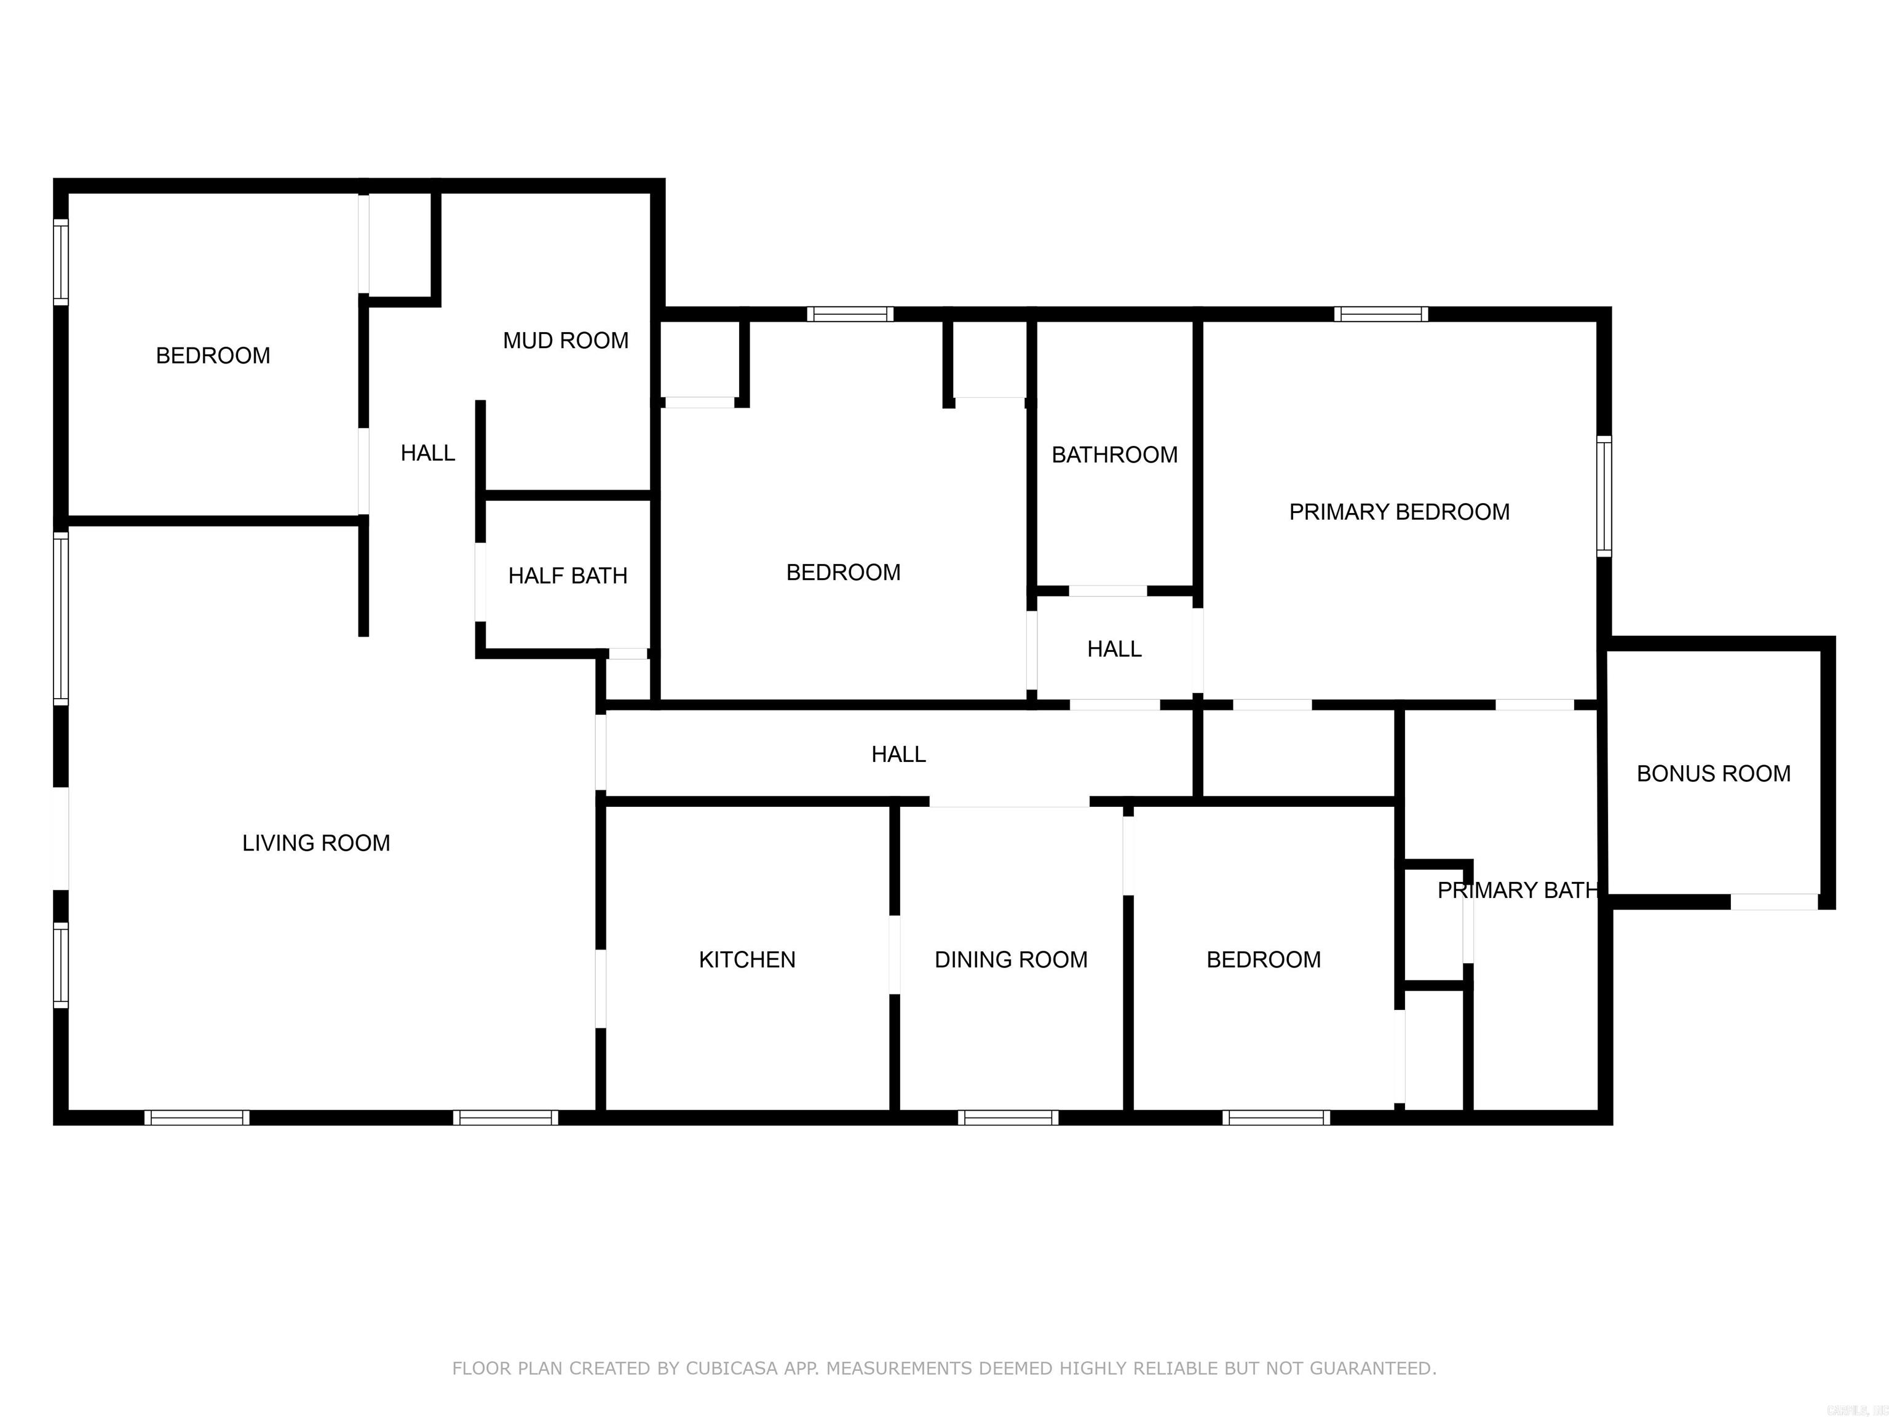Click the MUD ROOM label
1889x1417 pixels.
pos(565,341)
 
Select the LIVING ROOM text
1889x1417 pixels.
pos(316,843)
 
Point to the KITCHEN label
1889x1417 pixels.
pos(746,959)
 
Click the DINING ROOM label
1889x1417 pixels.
pos(1010,959)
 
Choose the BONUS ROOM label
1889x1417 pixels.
pos(1713,773)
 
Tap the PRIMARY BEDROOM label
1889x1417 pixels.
pos(1399,512)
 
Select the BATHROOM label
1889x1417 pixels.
pos(1114,454)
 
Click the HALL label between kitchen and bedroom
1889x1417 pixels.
pos(898,754)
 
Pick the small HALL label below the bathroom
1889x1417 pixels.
pos(1114,649)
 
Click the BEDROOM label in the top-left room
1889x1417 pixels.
pos(213,355)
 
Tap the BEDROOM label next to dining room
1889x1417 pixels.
pos(1263,959)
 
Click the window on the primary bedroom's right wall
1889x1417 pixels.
pos(1604,496)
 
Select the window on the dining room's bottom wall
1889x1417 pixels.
pos(1008,1117)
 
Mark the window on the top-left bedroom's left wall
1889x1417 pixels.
pos(61,261)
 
